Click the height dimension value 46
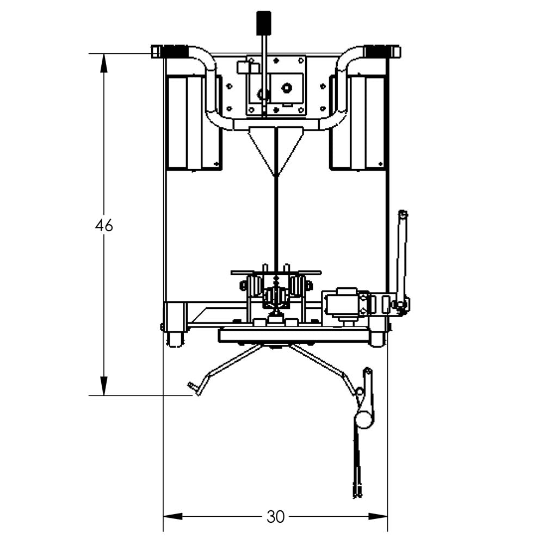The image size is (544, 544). pyautogui.click(x=104, y=225)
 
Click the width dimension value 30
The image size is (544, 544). pyautogui.click(x=276, y=516)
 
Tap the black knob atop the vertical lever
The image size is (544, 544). pyautogui.click(x=264, y=23)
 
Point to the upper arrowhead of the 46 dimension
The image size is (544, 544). pyautogui.click(x=104, y=63)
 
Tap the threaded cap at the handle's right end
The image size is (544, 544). pyautogui.click(x=382, y=52)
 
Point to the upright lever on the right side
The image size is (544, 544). pyautogui.click(x=401, y=256)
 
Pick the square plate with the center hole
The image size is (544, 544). pyautogui.click(x=287, y=87)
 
